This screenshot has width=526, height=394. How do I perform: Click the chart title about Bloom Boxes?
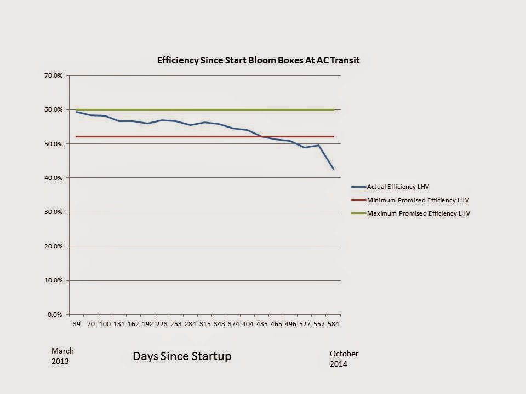[258, 60]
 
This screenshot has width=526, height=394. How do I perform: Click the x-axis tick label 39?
[76, 324]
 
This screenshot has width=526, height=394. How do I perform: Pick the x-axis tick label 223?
[162, 324]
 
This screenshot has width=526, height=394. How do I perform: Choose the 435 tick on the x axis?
[262, 324]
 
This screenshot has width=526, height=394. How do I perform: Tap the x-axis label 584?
[333, 324]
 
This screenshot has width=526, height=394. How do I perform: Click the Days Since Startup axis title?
[182, 356]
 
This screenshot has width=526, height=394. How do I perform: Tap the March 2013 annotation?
[62, 356]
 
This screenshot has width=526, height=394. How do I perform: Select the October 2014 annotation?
[344, 359]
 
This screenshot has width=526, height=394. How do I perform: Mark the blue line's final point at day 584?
[333, 169]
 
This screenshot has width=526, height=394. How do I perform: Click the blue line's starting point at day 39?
[76, 112]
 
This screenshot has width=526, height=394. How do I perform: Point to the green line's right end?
[333, 109]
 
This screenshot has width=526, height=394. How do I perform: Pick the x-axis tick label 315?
[204, 324]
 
